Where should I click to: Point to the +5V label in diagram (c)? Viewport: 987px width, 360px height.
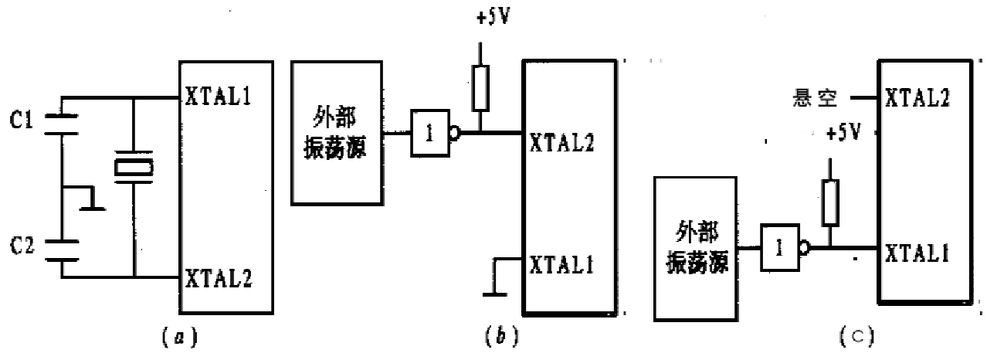(844, 132)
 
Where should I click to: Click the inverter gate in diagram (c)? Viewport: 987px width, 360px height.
(782, 249)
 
